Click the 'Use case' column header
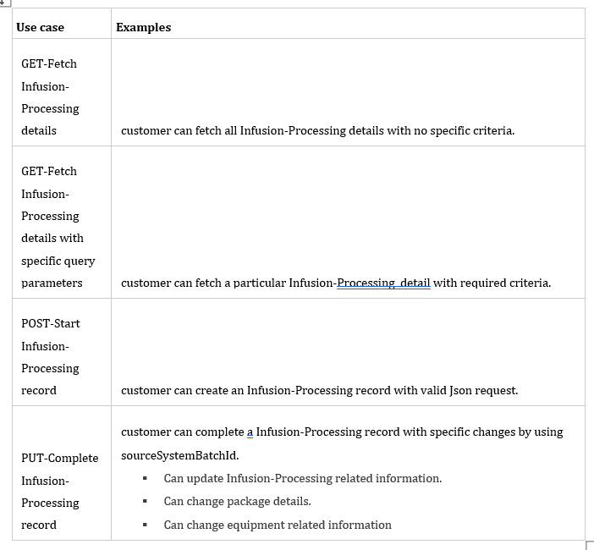(40, 27)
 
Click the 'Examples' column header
(143, 27)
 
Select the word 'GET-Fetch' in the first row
(49, 63)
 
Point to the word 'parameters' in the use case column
(52, 283)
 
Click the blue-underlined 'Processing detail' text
(383, 283)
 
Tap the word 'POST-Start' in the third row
(51, 323)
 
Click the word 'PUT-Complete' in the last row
(59, 458)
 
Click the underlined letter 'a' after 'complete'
(250, 432)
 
